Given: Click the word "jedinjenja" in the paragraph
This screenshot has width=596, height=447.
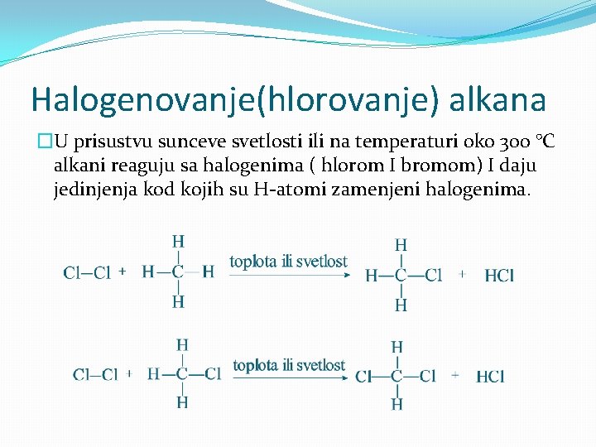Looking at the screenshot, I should (92, 190).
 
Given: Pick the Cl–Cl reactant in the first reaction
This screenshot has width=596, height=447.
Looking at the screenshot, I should (87, 272).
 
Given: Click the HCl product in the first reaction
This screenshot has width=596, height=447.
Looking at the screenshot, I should (499, 276).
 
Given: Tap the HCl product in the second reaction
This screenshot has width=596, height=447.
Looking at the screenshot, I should (491, 377).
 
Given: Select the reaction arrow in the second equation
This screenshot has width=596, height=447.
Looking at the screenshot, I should (289, 377).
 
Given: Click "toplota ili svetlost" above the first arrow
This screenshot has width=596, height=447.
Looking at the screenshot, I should (288, 262).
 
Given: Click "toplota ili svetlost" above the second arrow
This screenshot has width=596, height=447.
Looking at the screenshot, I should (289, 365).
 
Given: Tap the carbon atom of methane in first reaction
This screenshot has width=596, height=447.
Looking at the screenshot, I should (178, 272).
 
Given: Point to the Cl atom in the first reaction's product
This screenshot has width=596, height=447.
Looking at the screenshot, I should (434, 276).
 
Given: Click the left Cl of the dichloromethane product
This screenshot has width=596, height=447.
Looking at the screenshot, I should (363, 377).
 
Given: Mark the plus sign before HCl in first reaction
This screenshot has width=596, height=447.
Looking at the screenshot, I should (462, 272).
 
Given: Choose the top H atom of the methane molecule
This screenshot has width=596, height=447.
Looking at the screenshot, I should (178, 242).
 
